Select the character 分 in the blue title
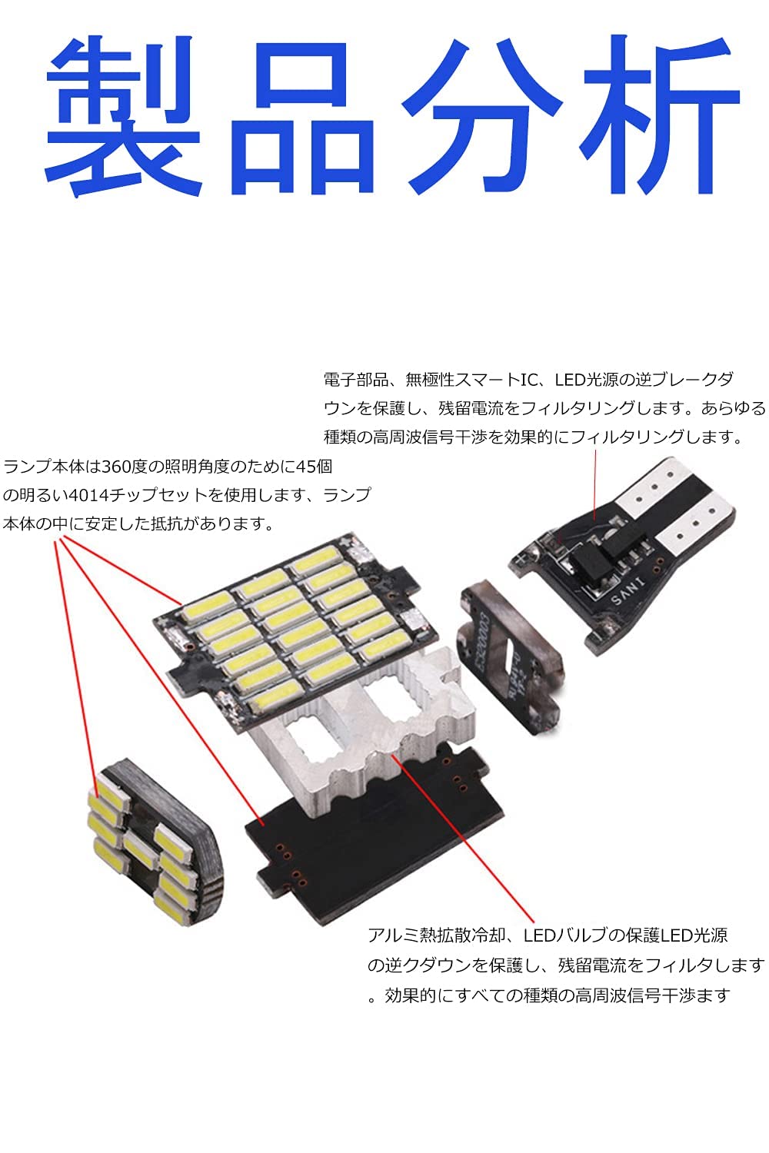coord(481,115)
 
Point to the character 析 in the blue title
coord(661,115)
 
